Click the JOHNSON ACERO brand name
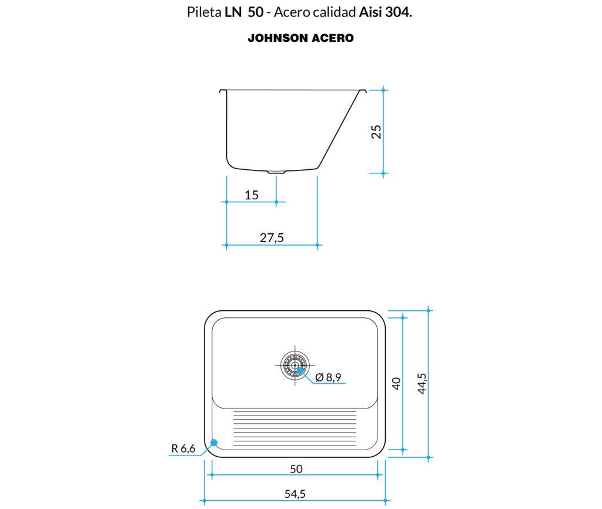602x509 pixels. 300,38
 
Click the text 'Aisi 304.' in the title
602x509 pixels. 386,12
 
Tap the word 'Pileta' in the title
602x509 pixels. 204,12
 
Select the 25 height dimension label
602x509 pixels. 376,132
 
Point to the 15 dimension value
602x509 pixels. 252,195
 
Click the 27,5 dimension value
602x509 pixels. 272,238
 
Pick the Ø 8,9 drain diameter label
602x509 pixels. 328,377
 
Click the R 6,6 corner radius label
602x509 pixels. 183,448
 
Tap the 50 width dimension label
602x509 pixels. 296,468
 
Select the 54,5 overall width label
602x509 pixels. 295,494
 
